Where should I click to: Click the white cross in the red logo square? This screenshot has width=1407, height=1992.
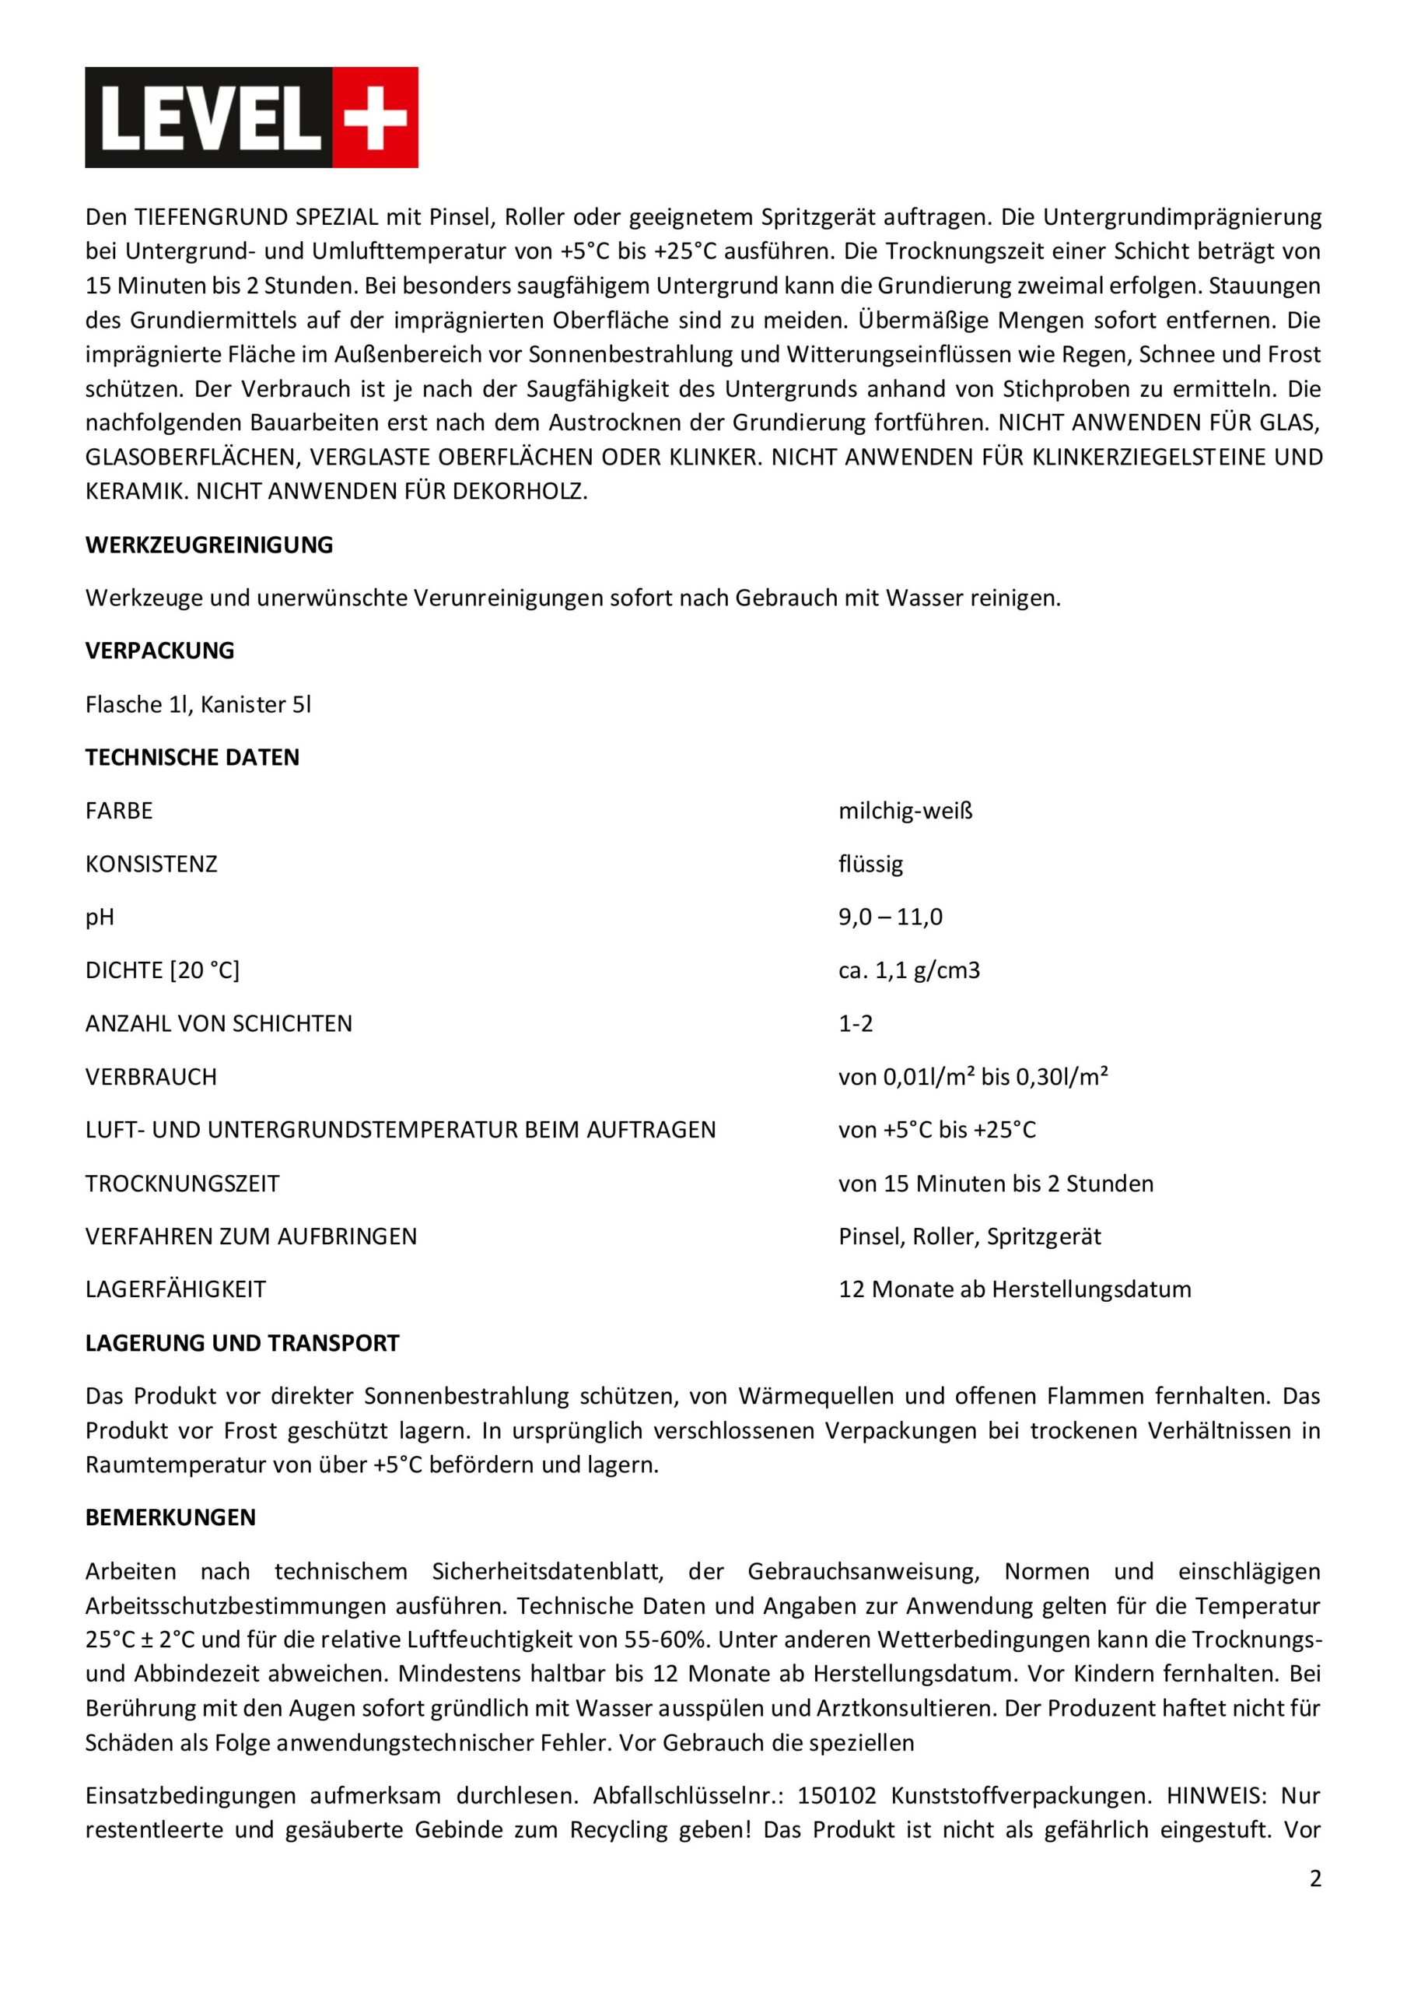pos(375,117)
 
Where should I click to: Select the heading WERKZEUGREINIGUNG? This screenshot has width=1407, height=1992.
pos(209,545)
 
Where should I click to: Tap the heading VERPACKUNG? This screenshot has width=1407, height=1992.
pos(159,651)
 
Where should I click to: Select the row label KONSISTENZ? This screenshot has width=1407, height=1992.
pos(151,864)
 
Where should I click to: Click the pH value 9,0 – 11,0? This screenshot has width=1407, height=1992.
pos(890,917)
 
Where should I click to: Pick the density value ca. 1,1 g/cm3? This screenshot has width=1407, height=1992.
pos(908,970)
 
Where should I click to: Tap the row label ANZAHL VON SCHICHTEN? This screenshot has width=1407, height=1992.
pos(219,1024)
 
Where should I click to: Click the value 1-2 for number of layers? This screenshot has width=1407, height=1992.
pos(856,1024)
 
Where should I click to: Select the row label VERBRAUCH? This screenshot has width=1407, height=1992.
pos(151,1077)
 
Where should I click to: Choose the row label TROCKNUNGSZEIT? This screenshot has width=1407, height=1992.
pos(182,1184)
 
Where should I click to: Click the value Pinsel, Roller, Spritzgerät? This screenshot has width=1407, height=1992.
pos(969,1236)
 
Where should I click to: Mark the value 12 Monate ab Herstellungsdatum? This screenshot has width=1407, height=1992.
pos(1014,1289)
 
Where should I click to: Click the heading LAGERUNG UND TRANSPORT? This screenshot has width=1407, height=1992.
pos(242,1343)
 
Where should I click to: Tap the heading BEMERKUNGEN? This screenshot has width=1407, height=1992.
pos(170,1517)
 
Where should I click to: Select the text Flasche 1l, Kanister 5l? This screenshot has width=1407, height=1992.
pos(198,704)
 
